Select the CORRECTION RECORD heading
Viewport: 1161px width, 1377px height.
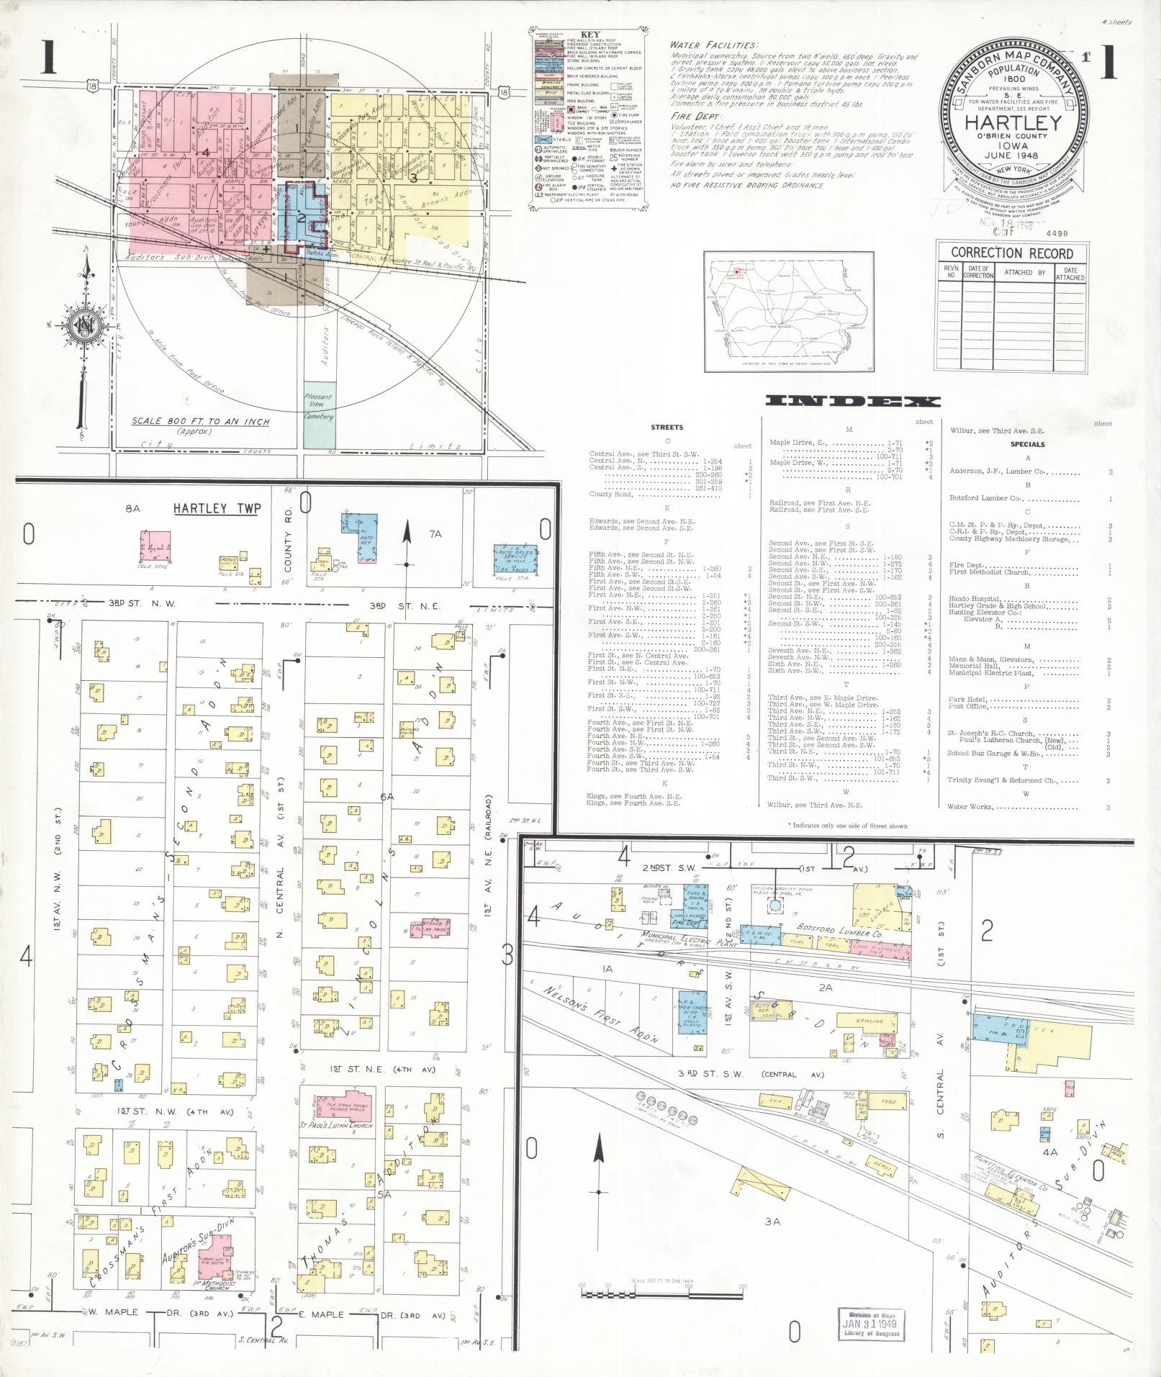[1011, 253]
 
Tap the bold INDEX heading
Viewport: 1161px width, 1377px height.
[853, 402]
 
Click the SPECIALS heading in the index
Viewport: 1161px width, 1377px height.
[1026, 444]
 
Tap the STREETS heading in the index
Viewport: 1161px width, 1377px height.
[667, 427]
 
